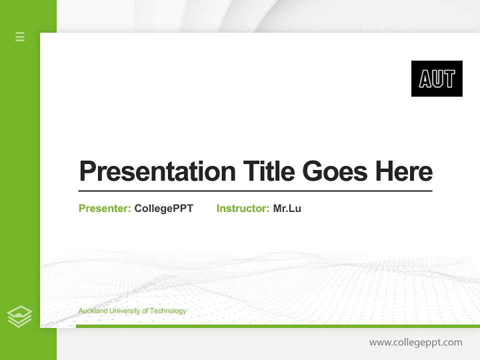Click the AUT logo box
[x=436, y=78]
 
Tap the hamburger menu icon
[x=20, y=36]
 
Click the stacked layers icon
[x=19, y=316]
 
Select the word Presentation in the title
[x=157, y=171]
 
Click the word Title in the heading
[x=268, y=171]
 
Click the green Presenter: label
[x=104, y=208]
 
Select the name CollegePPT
[x=163, y=208]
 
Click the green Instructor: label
[x=242, y=208]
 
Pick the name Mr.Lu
[x=287, y=208]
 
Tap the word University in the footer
[x=124, y=311]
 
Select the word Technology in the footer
[x=168, y=311]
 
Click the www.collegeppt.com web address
[x=415, y=342]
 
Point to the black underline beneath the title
[x=255, y=190]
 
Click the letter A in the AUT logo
[x=425, y=79]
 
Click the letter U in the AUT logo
[x=437, y=79]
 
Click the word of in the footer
[x=145, y=311]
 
